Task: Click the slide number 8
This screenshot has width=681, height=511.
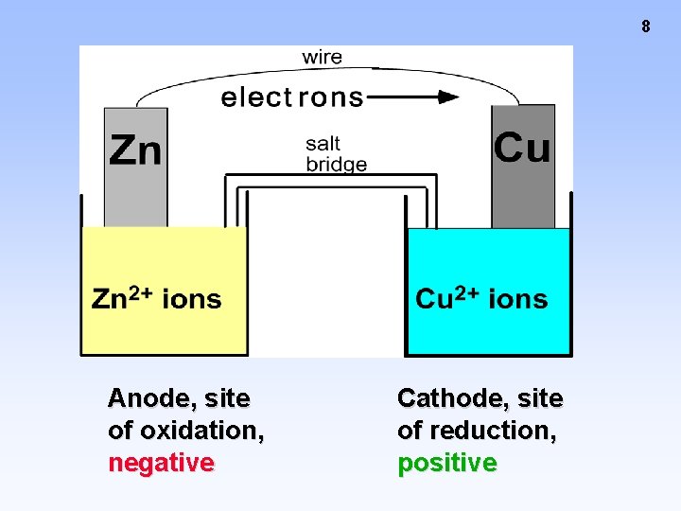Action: click(646, 26)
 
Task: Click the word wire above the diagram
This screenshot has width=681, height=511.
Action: click(322, 58)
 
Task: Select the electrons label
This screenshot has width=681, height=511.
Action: click(291, 97)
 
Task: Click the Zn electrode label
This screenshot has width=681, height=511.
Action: click(135, 150)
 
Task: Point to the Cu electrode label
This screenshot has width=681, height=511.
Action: click(522, 149)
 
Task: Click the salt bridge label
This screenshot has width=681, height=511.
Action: click(336, 154)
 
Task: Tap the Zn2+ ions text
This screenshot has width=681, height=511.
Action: click(156, 300)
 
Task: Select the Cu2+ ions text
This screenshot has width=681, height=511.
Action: click(481, 300)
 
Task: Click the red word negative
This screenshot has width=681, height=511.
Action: click(161, 463)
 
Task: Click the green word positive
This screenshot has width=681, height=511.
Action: click(446, 463)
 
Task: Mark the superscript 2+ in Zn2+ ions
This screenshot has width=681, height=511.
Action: click(141, 293)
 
